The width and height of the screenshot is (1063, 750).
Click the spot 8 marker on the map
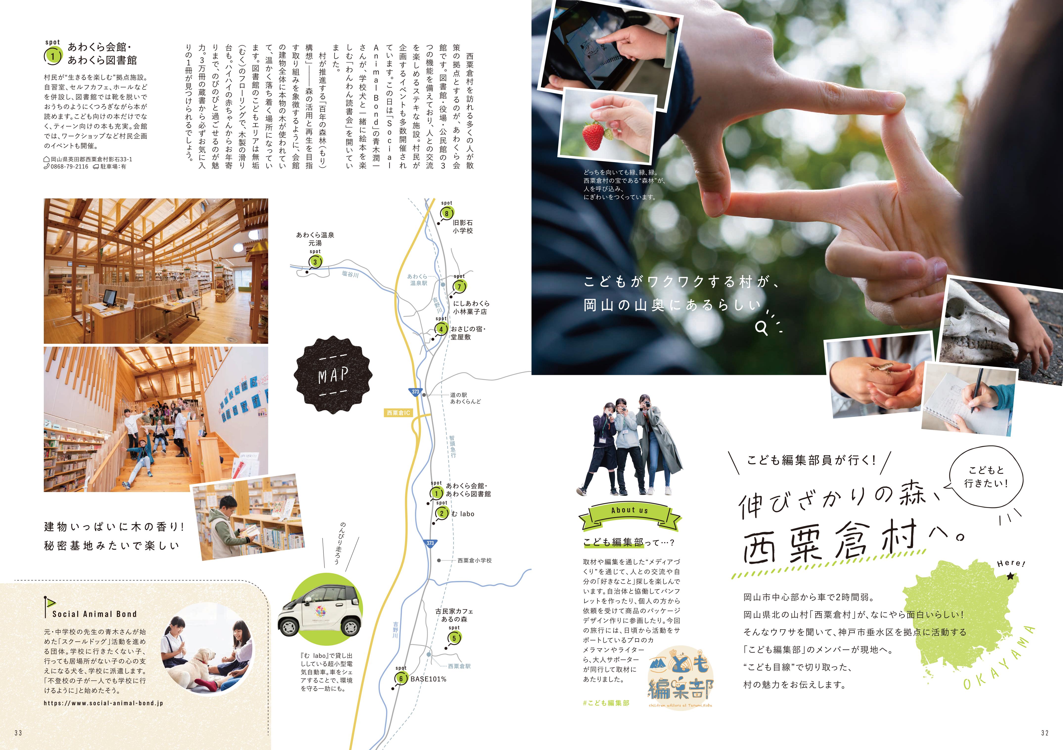tap(446, 213)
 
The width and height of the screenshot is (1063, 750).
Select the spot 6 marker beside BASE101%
tap(401, 679)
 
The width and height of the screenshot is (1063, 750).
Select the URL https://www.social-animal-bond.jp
tap(103, 703)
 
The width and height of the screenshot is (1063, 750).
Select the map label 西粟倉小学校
tap(475, 560)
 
